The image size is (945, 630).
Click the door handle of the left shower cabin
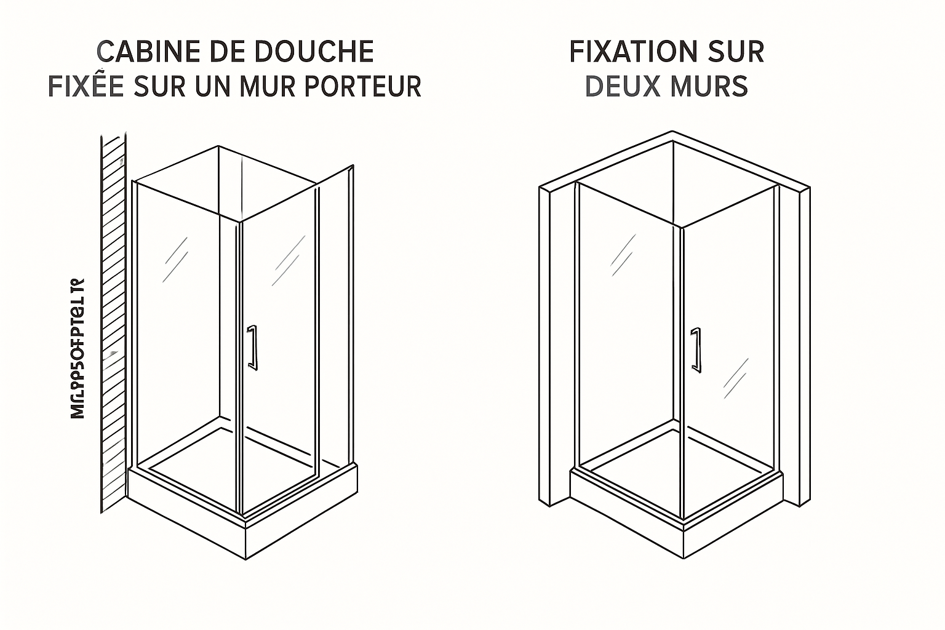[x=252, y=348]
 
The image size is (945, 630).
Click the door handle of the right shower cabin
[x=695, y=350]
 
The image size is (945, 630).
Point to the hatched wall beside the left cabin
[x=113, y=320]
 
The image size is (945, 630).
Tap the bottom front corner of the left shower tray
[x=245, y=557]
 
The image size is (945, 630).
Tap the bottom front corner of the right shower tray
[x=684, y=557]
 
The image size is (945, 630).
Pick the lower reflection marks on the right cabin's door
[x=736, y=377]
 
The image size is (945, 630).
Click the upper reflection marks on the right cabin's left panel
[x=623, y=255]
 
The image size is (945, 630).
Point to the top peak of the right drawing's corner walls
[x=672, y=132]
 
